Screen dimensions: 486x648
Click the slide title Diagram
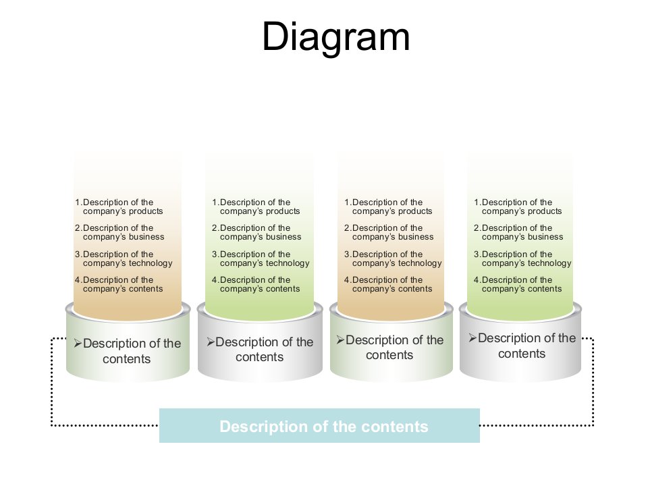click(335, 36)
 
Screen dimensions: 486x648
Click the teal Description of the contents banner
click(319, 426)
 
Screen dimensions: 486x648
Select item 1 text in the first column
click(119, 207)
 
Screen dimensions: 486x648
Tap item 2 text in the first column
click(119, 232)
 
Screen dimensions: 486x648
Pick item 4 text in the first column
click(119, 284)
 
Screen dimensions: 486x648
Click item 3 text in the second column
click(260, 259)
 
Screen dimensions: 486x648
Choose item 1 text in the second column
click(256, 207)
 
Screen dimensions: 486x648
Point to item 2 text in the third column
click(388, 232)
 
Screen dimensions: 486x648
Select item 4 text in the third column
click(388, 284)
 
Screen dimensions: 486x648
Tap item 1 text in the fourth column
click(518, 207)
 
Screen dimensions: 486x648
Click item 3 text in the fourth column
click(522, 259)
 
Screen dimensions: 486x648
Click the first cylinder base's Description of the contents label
click(128, 351)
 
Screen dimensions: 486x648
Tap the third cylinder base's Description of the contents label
click(391, 347)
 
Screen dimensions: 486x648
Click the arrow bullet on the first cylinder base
click(78, 344)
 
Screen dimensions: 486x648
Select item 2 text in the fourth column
click(518, 232)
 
